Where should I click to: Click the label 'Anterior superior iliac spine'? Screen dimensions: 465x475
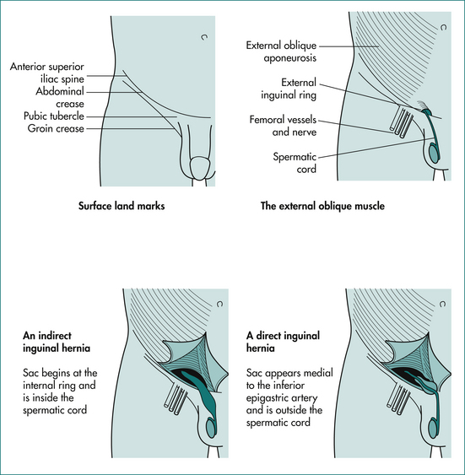click(47, 73)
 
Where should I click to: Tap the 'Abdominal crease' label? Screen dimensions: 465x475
click(60, 97)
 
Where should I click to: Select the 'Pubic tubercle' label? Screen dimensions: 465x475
click(54, 116)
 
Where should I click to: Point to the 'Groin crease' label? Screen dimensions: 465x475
click(56, 128)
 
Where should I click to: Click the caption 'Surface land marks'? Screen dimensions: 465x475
click(122, 206)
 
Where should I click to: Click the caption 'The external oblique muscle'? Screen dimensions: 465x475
click(322, 206)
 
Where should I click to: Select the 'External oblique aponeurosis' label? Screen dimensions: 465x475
click(281, 51)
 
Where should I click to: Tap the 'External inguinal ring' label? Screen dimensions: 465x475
click(289, 89)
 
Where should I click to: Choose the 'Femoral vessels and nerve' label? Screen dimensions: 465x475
click(283, 126)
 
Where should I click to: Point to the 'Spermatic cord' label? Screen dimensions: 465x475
click(295, 163)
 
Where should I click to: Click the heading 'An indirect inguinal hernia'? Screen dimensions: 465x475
click(57, 342)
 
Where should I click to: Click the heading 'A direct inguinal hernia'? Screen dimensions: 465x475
click(283, 342)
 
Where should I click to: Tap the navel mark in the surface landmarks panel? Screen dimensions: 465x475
click(204, 37)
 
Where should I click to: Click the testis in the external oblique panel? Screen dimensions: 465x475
click(435, 154)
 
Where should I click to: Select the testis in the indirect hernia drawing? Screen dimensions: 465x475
click(211, 428)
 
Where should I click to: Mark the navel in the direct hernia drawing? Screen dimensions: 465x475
click(442, 304)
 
